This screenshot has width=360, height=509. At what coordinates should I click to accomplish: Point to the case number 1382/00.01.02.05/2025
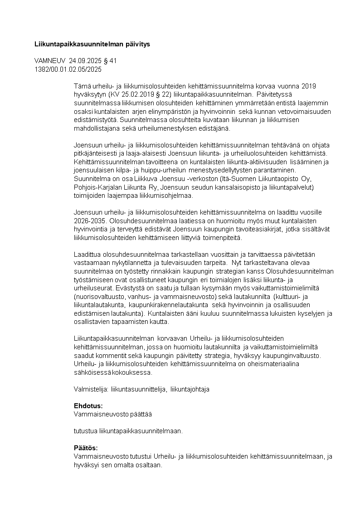click(68, 69)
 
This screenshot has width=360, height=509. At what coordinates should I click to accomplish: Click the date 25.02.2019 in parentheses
click(140, 94)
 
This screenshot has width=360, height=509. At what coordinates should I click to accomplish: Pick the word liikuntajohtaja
click(190, 389)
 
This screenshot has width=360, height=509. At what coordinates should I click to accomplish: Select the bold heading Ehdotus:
click(88, 406)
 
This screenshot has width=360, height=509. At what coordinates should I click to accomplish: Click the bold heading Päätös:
click(86, 448)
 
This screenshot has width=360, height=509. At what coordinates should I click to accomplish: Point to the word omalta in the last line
click(119, 465)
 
